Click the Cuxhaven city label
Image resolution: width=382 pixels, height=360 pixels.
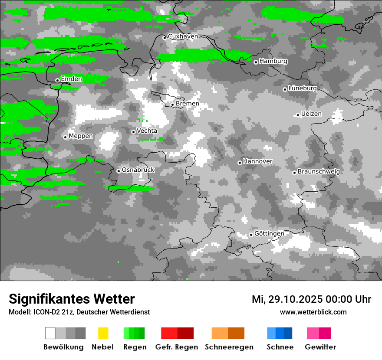183,36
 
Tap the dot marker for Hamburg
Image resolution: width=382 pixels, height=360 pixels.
256,62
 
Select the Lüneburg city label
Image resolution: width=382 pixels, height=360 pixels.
303,88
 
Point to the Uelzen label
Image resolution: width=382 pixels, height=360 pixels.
311,114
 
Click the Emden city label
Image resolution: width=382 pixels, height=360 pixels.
71,79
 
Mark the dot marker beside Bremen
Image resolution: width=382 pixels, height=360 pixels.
172,105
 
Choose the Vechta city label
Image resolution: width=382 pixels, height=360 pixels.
147,131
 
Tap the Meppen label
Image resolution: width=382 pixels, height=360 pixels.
81,136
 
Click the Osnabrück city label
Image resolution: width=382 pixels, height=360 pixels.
138,170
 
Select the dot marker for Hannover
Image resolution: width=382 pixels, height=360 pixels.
240,163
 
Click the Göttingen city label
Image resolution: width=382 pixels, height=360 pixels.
269,234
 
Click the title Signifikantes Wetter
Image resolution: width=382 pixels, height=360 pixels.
72,299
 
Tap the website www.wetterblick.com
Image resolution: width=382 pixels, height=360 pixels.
313,312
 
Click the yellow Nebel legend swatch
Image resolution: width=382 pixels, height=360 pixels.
103,333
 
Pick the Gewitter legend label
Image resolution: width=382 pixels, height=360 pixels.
320,347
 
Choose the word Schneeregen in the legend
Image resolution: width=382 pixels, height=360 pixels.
229,347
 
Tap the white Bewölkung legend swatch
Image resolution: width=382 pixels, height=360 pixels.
50,333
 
